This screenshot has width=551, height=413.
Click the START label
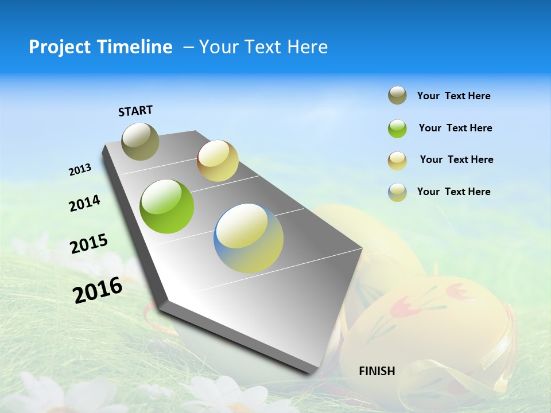click(135, 111)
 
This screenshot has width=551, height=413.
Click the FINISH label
click(377, 371)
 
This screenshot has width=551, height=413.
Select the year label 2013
click(80, 170)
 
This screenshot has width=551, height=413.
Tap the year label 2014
click(84, 203)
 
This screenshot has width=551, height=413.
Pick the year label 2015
click(88, 244)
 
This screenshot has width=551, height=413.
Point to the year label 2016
click(98, 290)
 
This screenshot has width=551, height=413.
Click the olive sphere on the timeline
click(140, 141)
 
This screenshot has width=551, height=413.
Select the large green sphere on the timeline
click(167, 206)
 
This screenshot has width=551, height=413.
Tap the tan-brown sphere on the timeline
click(218, 161)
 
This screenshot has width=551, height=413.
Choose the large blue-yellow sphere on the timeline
click(249, 238)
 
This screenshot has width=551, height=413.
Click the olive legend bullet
click(397, 96)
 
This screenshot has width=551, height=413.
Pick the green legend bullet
click(397, 128)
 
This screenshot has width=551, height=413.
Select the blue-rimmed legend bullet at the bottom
click(397, 192)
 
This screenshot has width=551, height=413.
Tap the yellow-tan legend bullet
click(397, 161)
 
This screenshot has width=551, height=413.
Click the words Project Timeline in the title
click(100, 47)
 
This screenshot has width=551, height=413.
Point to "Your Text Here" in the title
click(263, 47)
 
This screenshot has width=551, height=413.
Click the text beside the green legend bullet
click(455, 128)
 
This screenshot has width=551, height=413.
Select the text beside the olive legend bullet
click(453, 96)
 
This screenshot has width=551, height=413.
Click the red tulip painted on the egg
click(408, 308)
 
